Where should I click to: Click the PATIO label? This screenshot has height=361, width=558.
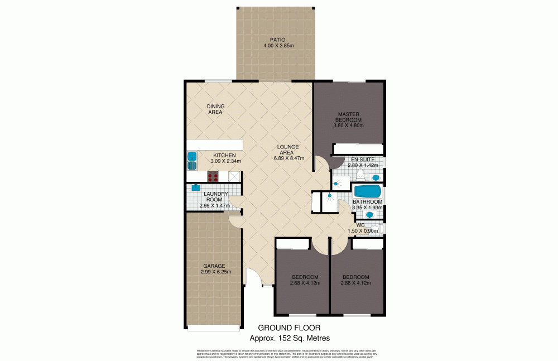click(278, 40)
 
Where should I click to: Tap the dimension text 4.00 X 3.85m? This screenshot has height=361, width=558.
click(278, 46)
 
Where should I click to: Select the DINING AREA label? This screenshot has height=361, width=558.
click(215, 109)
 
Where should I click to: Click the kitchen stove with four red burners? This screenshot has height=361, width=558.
click(213, 177)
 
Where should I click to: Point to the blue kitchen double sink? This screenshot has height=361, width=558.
click(192, 160)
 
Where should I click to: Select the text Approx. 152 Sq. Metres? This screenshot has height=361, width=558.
click(289, 338)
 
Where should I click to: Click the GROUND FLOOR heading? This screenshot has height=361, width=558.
click(289, 328)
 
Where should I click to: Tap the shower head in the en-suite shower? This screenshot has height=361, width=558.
click(336, 183)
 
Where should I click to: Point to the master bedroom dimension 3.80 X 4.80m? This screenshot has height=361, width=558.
click(349, 126)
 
